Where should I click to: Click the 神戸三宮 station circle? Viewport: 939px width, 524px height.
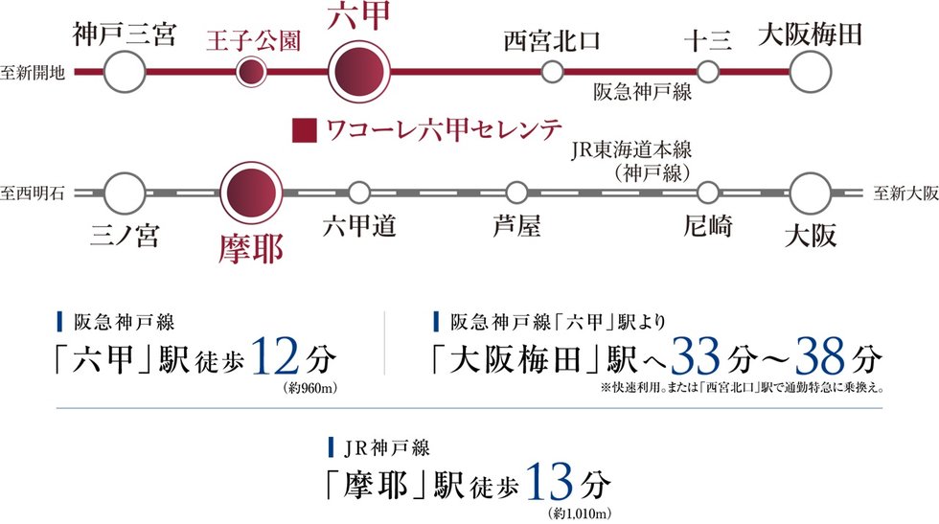pos(125,72)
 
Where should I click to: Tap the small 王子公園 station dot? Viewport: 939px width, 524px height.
pos(251,72)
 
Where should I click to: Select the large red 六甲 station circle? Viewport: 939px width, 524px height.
pos(360,72)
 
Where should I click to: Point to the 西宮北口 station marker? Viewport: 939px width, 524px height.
pos(552,72)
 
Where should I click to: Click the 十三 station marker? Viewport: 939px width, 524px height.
pos(708,72)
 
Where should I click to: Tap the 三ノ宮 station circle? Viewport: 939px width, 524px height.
pos(125,193)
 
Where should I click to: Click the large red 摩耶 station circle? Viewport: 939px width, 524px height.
pos(251,193)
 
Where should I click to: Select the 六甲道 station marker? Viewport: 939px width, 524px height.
pos(359,193)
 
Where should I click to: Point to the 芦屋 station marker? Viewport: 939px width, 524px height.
pos(516,193)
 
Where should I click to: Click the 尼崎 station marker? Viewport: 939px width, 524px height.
pos(708,193)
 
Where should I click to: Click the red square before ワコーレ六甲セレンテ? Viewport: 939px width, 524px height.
pos(305,128)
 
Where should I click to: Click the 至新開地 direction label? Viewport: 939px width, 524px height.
pos(34,72)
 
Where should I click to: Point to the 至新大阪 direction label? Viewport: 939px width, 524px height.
pos(905,193)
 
